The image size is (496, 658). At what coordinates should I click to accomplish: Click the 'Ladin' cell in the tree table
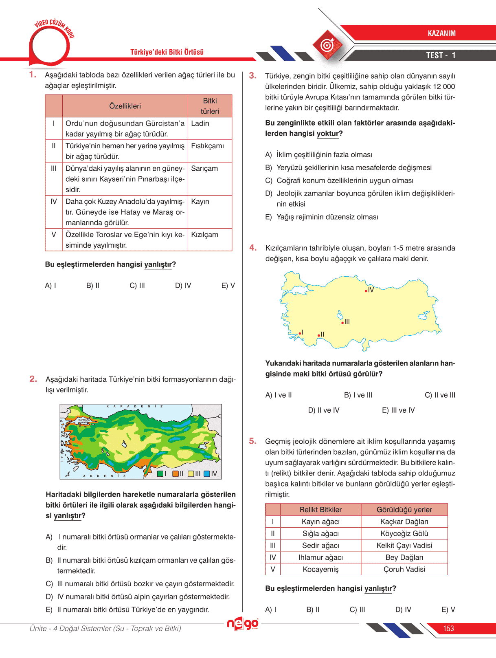point(200,123)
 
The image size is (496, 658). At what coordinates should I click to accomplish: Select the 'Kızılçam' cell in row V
point(205,235)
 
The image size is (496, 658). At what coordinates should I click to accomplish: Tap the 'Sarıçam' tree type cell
point(204,169)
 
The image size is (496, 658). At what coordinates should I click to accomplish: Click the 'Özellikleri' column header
point(125,106)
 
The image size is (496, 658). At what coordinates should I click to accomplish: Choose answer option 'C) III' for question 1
point(137,286)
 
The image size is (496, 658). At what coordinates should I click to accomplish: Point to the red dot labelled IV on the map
point(366,291)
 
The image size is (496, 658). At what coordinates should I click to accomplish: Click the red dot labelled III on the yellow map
point(342,323)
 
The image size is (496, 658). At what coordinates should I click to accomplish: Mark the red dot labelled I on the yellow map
point(300,333)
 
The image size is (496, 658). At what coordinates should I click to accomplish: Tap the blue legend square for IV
point(207,473)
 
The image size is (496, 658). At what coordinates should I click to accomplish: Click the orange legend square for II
point(176,473)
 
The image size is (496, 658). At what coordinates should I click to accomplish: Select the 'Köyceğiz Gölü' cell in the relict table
point(404,534)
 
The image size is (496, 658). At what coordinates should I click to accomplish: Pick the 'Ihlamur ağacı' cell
point(320,557)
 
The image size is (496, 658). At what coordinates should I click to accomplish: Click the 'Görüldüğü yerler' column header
point(404,510)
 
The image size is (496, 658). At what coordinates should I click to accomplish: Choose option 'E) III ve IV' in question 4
point(398,410)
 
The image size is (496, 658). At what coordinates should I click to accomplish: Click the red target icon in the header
point(327,45)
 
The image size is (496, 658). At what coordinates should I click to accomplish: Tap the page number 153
point(448,628)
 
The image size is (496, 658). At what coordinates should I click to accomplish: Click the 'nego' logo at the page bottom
point(243,623)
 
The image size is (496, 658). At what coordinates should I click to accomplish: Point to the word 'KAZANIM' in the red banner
point(441,33)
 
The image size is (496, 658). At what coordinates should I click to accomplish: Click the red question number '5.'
point(253,441)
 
